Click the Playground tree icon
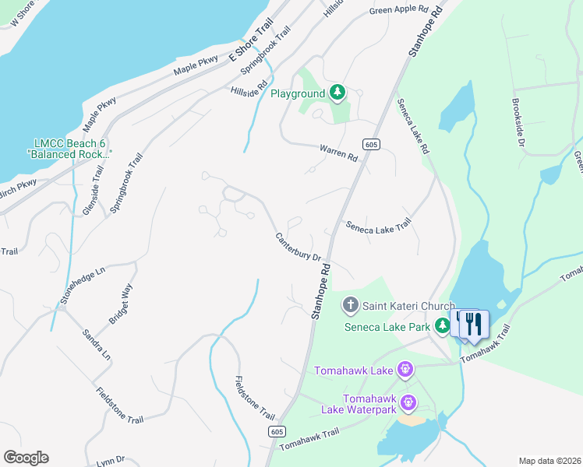(x=337, y=93)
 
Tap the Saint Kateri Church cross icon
(x=351, y=304)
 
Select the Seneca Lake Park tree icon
(x=443, y=326)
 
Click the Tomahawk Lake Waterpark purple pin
(x=408, y=403)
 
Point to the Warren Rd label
(x=338, y=153)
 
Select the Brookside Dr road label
(x=518, y=123)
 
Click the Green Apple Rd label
(x=400, y=10)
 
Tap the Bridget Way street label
(x=120, y=304)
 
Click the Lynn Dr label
(x=110, y=461)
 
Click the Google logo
(x=26, y=457)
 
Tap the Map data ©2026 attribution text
(x=549, y=461)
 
